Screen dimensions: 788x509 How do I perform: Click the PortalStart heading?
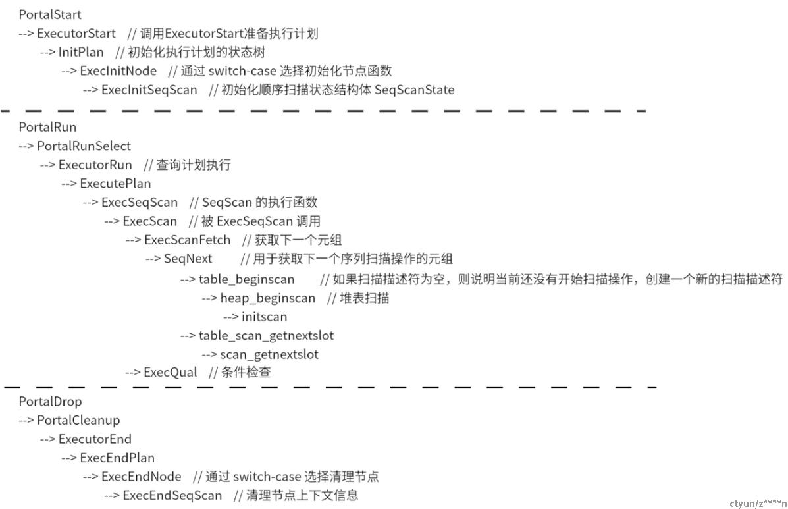tap(50, 14)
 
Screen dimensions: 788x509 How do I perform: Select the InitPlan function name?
tap(81, 52)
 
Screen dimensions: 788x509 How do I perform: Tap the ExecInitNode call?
tap(118, 71)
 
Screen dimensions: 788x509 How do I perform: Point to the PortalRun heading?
tap(47, 127)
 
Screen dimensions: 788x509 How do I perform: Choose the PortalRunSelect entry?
tap(84, 146)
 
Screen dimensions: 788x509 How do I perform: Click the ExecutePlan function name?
tap(116, 184)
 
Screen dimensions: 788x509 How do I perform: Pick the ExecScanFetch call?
tap(188, 240)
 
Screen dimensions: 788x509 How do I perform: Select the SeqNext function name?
tap(188, 259)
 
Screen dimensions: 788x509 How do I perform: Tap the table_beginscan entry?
tap(246, 279)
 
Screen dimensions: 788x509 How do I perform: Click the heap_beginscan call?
tap(268, 298)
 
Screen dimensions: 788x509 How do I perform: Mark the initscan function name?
tap(265, 317)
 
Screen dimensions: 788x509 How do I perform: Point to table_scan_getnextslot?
tap(267, 336)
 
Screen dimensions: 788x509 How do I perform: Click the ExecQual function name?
tap(171, 372)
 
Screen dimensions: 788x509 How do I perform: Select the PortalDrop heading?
tap(50, 402)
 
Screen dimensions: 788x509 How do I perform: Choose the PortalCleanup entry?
tap(78, 421)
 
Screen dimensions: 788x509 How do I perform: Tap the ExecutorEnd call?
tap(95, 439)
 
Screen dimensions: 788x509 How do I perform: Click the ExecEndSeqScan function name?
tap(172, 496)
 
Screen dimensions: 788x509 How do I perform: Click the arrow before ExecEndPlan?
tap(69, 458)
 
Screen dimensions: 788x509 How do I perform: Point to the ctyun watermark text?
tap(758, 504)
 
